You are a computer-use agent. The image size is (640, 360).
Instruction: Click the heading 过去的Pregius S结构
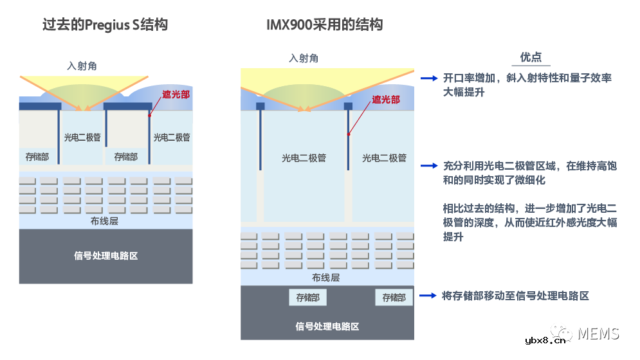click(x=105, y=25)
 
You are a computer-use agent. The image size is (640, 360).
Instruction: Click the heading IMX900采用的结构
click(x=325, y=25)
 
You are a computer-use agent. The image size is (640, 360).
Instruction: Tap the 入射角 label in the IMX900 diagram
click(x=304, y=59)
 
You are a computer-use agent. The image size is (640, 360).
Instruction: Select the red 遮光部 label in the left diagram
click(x=176, y=94)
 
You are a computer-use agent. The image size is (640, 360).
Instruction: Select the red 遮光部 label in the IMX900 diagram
click(x=386, y=100)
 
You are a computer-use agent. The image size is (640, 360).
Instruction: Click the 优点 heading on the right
click(x=531, y=57)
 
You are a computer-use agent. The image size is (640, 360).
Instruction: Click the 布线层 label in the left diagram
click(x=105, y=221)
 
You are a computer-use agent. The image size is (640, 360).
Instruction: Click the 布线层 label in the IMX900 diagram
click(x=325, y=278)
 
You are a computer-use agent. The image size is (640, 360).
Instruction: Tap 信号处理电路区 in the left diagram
click(x=106, y=255)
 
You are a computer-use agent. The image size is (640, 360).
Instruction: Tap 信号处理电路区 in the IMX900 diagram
click(x=327, y=326)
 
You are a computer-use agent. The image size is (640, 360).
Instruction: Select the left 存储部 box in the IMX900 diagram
click(x=307, y=298)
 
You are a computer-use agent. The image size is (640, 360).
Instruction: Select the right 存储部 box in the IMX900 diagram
click(x=394, y=298)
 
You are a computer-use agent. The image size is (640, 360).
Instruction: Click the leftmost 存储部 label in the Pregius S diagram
click(x=37, y=156)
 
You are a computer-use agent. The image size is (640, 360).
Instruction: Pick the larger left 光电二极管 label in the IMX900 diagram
click(x=304, y=158)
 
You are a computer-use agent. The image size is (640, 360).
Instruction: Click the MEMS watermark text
click(x=598, y=333)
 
